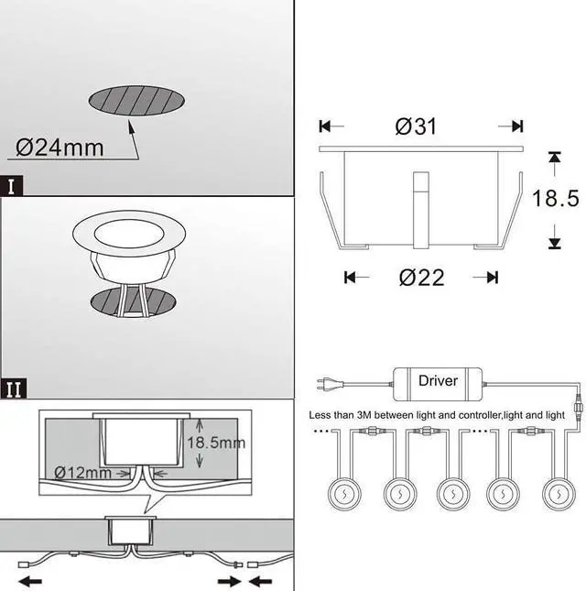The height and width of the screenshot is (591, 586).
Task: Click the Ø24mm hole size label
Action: click(60, 148)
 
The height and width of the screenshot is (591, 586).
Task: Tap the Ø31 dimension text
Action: click(416, 126)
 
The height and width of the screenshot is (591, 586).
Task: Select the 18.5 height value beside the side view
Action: click(556, 198)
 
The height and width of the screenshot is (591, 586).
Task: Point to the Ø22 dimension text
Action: click(421, 278)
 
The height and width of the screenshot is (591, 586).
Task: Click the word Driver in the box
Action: click(438, 380)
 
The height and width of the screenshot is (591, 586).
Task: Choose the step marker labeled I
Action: click(11, 186)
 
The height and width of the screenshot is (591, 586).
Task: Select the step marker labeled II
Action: click(14, 389)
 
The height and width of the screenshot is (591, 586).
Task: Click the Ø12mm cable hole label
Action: click(82, 473)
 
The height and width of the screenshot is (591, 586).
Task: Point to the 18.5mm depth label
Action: click(216, 443)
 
